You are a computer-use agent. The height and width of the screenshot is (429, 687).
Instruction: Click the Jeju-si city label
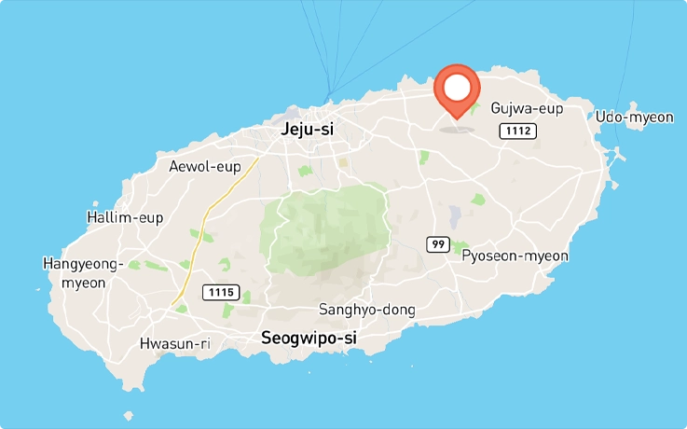click(x=308, y=130)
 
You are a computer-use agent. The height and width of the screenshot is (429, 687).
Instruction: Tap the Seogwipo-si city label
click(x=309, y=337)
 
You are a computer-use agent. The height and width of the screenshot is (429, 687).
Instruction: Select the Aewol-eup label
click(x=205, y=167)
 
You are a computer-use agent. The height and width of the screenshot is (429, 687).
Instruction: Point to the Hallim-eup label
click(x=124, y=217)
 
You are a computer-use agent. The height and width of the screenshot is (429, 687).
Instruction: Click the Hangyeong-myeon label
click(x=83, y=273)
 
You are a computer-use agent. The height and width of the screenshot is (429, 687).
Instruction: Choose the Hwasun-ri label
click(x=174, y=343)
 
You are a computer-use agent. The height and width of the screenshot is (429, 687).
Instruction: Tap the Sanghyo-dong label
click(x=366, y=310)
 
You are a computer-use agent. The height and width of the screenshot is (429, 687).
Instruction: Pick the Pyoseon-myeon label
click(x=515, y=256)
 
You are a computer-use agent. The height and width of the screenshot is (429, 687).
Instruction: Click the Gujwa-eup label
click(x=527, y=108)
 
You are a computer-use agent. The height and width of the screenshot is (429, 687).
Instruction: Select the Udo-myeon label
click(x=634, y=117)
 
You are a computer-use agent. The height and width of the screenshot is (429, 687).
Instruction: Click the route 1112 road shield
click(x=516, y=131)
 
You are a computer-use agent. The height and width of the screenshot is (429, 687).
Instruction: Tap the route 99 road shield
click(x=439, y=244)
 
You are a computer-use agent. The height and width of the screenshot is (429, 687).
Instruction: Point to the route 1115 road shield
click(x=221, y=293)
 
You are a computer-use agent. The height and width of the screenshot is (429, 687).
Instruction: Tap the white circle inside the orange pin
click(x=457, y=88)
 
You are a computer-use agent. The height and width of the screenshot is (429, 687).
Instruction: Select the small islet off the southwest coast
click(x=128, y=416)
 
